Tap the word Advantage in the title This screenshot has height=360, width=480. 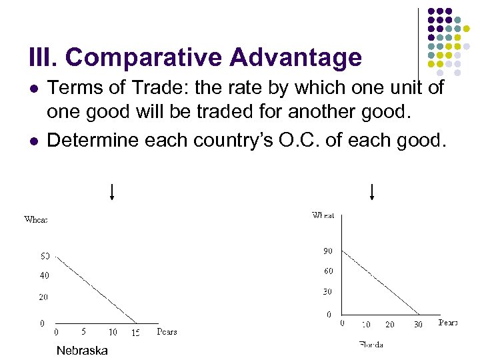pos(295,58)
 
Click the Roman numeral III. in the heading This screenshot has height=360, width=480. pos(43,58)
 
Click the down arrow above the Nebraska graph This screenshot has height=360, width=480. pos(112,192)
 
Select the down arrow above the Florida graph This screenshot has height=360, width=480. pos(371,192)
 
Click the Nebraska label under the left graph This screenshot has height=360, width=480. pos(82,351)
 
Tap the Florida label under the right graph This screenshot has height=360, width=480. pos(371,345)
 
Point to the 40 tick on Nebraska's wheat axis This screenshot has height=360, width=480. pos(44,275)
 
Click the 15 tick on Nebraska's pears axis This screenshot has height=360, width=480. pos(135,332)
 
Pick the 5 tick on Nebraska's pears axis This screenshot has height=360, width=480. pos(83,331)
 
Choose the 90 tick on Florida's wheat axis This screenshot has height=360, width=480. pos(328,251)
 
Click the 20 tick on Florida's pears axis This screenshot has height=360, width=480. pos(390,324)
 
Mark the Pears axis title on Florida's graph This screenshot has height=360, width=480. pos(448,323)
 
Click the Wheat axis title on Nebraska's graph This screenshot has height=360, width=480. pos(35,219)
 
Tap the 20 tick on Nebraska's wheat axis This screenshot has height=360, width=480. pos(43,297)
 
